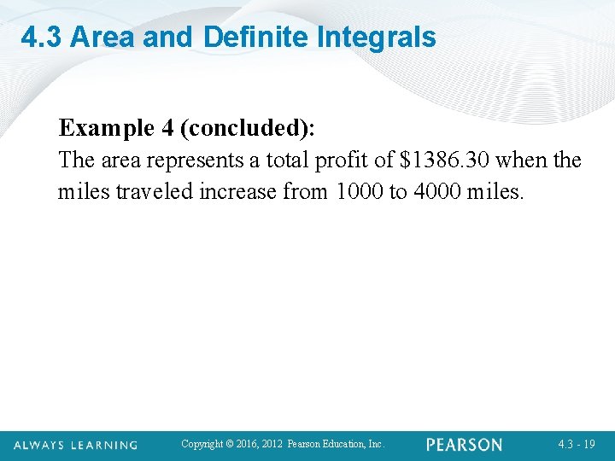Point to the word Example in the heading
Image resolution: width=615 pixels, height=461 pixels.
pyautogui.click(x=106, y=128)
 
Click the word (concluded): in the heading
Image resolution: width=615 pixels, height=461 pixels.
pyautogui.click(x=248, y=128)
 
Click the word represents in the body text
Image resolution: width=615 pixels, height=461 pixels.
pyautogui.click(x=194, y=160)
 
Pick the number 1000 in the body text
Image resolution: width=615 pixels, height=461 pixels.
pyautogui.click(x=361, y=191)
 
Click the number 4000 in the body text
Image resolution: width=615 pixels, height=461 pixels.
pyautogui.click(x=437, y=191)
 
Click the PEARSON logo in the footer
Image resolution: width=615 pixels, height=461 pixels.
pyautogui.click(x=465, y=445)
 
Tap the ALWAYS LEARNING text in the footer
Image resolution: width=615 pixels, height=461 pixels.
pyautogui.click(x=75, y=445)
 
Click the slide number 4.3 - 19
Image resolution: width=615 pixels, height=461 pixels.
pyautogui.click(x=577, y=445)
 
